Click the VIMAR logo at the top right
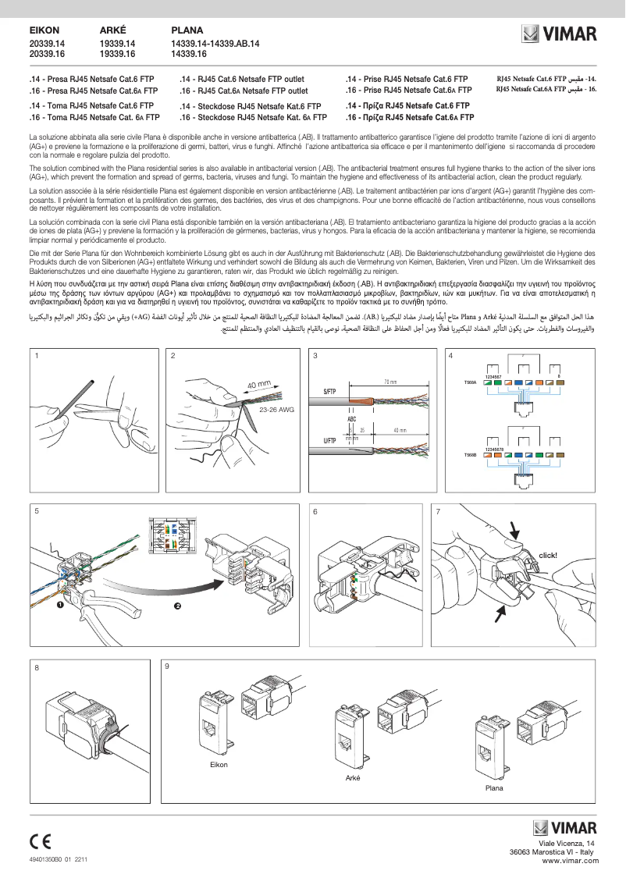pyautogui.click(x=559, y=34)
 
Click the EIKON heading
pyautogui.click(x=44, y=31)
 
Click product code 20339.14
pyautogui.click(x=47, y=44)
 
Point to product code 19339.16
pyautogui.click(x=118, y=55)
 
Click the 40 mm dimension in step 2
pyautogui.click(x=258, y=385)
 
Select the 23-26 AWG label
pyautogui.click(x=276, y=409)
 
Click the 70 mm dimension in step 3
pyautogui.click(x=390, y=382)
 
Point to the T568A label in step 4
pyautogui.click(x=471, y=382)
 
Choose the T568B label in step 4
pyautogui.click(x=471, y=454)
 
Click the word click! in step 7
pyautogui.click(x=547, y=556)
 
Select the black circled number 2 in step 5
pyautogui.click(x=177, y=606)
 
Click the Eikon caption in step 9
pyautogui.click(x=219, y=764)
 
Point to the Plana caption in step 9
pyautogui.click(x=494, y=788)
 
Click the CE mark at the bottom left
pyautogui.click(x=41, y=841)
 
